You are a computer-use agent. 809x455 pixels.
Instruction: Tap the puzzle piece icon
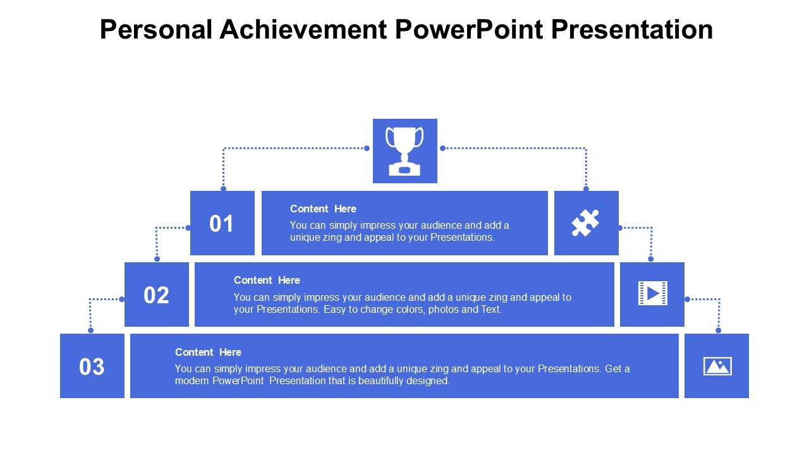[x=585, y=223]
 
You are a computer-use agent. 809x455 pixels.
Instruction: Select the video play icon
[x=653, y=293]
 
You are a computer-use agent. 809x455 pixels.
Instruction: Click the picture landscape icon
[x=717, y=366]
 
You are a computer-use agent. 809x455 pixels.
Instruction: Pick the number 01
[x=221, y=224]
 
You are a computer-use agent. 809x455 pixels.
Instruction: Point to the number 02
[x=156, y=295]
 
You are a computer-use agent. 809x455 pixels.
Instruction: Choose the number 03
[x=92, y=367]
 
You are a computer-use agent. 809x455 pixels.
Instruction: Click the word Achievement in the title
[x=303, y=29]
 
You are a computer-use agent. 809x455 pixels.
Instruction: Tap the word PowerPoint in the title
[x=469, y=29]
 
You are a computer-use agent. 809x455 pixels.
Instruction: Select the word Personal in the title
[x=156, y=29]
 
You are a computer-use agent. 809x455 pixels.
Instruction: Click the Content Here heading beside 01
[x=323, y=209]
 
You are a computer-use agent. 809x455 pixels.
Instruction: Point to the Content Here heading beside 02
[x=267, y=280]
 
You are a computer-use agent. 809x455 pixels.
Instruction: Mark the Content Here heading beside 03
[x=208, y=352]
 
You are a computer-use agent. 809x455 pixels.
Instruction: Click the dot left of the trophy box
[x=367, y=148]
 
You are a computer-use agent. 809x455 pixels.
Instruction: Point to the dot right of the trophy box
[x=442, y=148]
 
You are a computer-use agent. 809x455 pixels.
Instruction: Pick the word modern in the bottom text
[x=192, y=381]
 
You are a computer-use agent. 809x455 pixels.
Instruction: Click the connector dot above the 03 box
[x=90, y=330]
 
